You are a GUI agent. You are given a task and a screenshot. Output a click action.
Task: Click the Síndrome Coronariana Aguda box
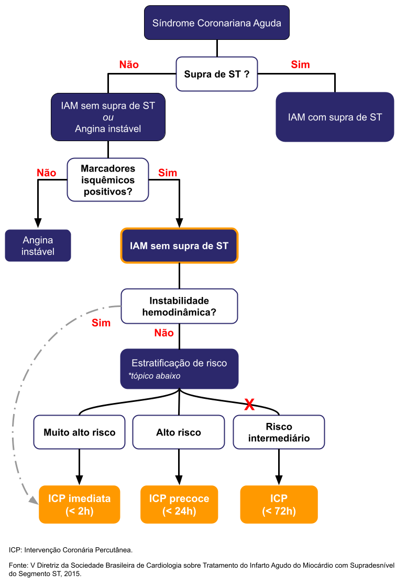tap(217, 23)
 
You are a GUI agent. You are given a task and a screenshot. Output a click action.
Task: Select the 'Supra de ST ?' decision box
tap(216, 75)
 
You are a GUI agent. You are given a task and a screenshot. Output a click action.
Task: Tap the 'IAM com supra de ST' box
tap(335, 117)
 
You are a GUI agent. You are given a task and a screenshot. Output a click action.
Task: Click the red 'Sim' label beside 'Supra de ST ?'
tap(300, 65)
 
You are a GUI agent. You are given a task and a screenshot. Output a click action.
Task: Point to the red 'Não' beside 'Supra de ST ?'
tap(129, 65)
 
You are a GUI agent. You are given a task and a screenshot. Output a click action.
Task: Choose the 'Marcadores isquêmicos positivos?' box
tap(108, 180)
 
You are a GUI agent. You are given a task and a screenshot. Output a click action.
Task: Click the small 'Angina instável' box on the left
tap(38, 246)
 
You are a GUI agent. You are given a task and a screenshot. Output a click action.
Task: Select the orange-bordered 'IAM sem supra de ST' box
tap(179, 246)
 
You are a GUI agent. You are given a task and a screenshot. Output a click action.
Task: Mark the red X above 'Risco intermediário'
tap(250, 405)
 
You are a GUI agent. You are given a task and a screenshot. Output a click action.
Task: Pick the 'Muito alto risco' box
tap(79, 433)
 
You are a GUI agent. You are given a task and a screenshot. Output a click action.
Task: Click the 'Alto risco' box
tap(179, 433)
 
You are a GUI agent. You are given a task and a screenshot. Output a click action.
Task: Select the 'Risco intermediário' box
tap(279, 432)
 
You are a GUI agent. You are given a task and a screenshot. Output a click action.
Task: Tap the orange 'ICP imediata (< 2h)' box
tap(79, 505)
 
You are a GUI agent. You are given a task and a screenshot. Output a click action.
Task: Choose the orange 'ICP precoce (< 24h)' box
tap(179, 505)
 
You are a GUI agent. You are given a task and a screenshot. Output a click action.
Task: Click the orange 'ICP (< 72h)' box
tap(279, 505)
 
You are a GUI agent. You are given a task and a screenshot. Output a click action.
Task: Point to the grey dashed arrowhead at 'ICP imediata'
tap(33, 502)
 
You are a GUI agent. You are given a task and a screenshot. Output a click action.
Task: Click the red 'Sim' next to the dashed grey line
tap(101, 323)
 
